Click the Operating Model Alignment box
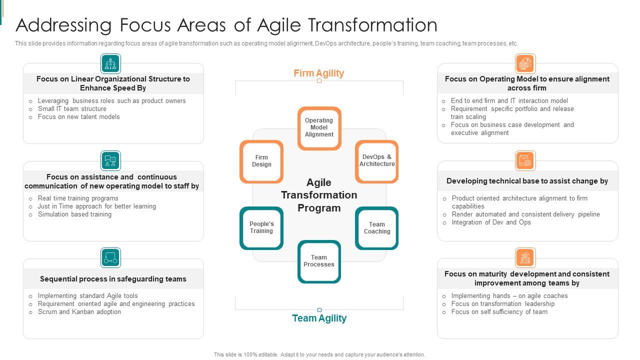[x=319, y=128]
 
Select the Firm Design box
[x=261, y=161]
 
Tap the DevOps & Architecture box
[x=377, y=161]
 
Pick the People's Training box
[x=261, y=228]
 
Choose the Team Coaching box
[x=377, y=228]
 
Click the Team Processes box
[x=319, y=261]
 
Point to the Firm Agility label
[x=318, y=73]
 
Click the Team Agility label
[x=319, y=318]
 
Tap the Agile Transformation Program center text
[x=319, y=195]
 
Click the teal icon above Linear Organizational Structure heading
[x=110, y=64]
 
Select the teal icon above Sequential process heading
[x=110, y=258]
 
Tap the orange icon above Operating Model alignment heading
[x=525, y=64]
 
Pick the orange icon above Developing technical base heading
[x=525, y=161]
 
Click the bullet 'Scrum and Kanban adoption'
[x=79, y=312]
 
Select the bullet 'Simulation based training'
[x=74, y=214]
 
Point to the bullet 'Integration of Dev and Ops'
[x=491, y=222]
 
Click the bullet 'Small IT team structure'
[x=72, y=109]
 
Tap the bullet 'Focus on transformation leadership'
[x=502, y=304]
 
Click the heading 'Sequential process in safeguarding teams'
[x=113, y=279]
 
